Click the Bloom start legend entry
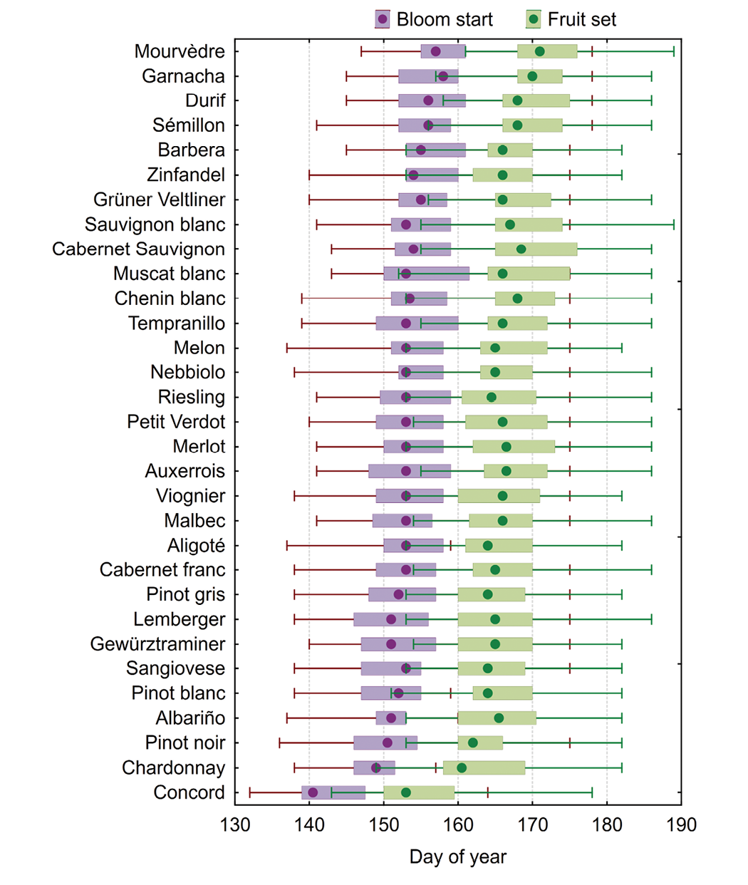[434, 19]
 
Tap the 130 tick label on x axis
[235, 825]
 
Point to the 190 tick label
[681, 825]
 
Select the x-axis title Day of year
[457, 856]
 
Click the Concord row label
[189, 792]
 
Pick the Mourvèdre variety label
[180, 51]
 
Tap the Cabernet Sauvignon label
[138, 249]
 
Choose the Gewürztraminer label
[157, 644]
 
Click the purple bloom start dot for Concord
[313, 792]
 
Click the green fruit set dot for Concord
[406, 792]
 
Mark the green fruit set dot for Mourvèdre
[539, 51]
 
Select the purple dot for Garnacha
[443, 76]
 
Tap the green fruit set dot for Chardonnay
[462, 767]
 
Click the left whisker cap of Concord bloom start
[250, 792]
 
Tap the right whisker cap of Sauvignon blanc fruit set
[674, 224]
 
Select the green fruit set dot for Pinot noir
[472, 743]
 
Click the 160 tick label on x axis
[458, 825]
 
